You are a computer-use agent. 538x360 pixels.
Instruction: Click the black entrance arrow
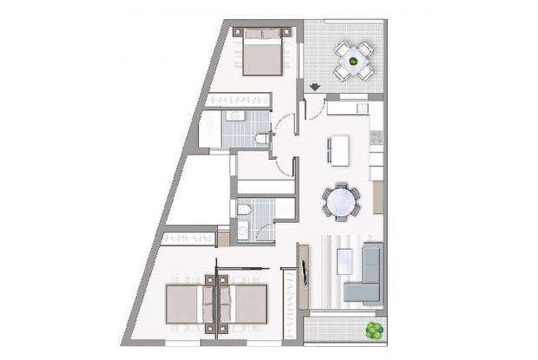pos(314,86)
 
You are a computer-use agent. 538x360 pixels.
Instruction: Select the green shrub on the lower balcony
pos(374,331)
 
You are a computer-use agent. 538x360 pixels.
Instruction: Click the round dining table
pos(339,203)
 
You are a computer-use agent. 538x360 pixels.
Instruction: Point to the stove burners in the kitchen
pos(376,138)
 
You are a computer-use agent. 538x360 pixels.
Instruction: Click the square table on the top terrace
pos(353,59)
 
